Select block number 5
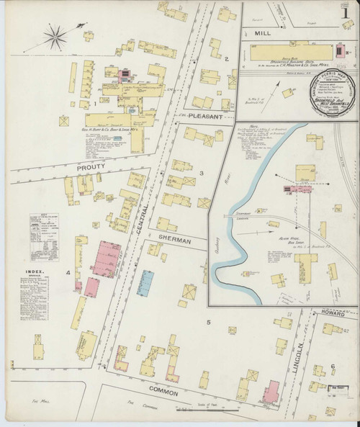tap(209, 322)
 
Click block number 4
tap(68, 273)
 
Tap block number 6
tap(332, 367)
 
